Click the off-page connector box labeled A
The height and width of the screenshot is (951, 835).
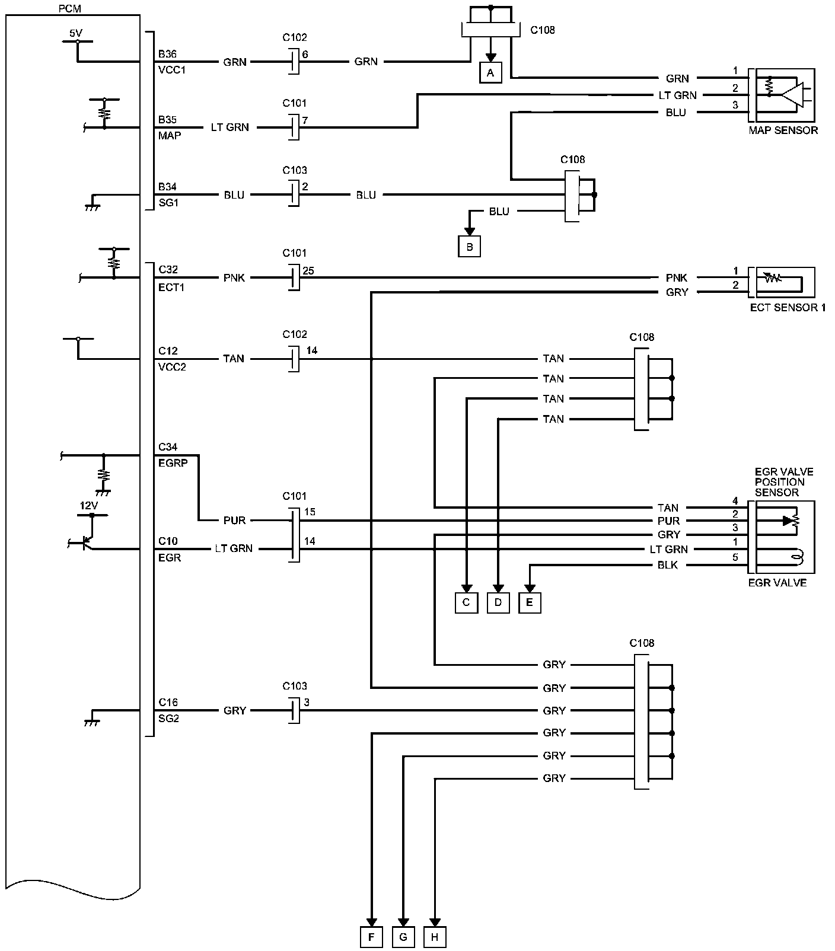[490, 73]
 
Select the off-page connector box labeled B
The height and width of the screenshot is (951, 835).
[469, 247]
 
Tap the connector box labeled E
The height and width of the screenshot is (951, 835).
[530, 602]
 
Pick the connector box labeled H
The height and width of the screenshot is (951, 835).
[435, 937]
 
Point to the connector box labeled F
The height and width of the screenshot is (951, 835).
[371, 937]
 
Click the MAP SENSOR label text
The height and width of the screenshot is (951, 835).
[783, 130]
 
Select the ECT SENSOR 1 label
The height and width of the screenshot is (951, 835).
[788, 308]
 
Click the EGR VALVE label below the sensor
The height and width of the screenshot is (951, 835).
[777, 583]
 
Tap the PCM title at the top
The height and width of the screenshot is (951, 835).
[71, 9]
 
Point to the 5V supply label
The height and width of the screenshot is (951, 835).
[75, 33]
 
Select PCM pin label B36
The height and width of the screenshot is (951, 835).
[167, 54]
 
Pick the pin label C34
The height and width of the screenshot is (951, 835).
[167, 447]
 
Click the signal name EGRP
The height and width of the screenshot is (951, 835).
[173, 463]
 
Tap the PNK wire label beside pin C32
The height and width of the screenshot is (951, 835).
[234, 277]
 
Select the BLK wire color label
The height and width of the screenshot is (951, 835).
[668, 566]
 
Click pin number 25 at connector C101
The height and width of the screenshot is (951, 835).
[308, 271]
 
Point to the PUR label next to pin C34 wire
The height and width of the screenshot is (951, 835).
[234, 521]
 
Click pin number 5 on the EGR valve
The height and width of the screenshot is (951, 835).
[735, 557]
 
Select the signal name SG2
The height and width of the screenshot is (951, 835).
[168, 718]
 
